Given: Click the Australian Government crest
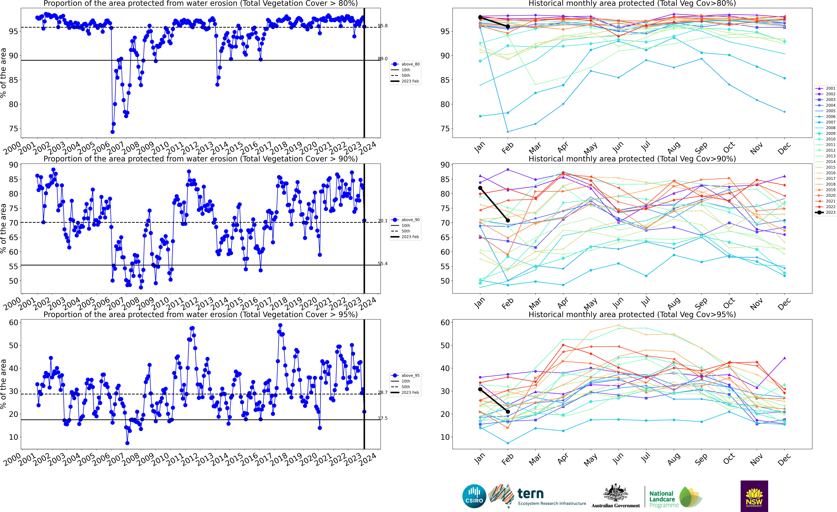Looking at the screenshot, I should tap(616, 493).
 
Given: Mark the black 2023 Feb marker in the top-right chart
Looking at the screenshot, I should tap(508, 26).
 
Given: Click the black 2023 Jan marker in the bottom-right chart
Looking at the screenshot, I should tap(480, 389).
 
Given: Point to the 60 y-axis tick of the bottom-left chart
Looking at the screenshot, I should tap(14, 323).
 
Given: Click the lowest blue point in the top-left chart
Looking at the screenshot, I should tap(112, 132).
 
